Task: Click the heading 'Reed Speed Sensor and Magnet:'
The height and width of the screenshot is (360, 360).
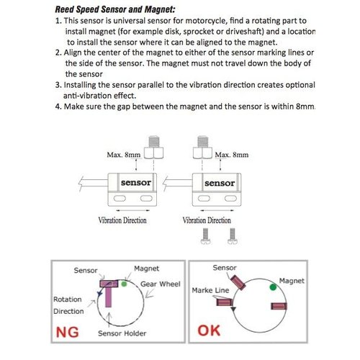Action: (x=115, y=9)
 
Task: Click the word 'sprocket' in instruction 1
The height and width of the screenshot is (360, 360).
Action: (x=204, y=32)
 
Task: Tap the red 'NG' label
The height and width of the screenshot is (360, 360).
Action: (x=67, y=333)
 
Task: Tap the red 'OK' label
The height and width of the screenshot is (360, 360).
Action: (x=209, y=330)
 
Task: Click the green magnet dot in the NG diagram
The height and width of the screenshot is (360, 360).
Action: (x=124, y=284)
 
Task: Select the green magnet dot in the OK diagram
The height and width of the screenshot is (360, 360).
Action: (x=273, y=287)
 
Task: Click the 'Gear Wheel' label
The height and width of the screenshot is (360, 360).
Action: (x=161, y=284)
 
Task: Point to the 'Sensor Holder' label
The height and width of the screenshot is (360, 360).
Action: (x=122, y=333)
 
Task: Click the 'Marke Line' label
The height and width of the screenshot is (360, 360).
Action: (x=210, y=290)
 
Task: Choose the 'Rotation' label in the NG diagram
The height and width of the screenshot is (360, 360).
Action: (x=68, y=300)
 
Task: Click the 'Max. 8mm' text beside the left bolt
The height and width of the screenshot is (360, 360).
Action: (x=124, y=155)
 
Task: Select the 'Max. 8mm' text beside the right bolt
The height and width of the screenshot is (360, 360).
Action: (x=232, y=155)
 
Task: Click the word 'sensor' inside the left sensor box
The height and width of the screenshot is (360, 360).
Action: (x=136, y=183)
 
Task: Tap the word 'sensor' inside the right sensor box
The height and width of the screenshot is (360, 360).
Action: (x=220, y=183)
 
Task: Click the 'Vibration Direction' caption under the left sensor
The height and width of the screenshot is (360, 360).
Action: (x=122, y=220)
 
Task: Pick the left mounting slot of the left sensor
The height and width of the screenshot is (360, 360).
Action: (x=120, y=199)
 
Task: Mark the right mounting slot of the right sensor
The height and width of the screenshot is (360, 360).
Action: (x=230, y=199)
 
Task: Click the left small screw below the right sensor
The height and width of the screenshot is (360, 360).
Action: (x=205, y=236)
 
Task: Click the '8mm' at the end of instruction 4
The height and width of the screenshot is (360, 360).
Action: (x=305, y=106)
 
